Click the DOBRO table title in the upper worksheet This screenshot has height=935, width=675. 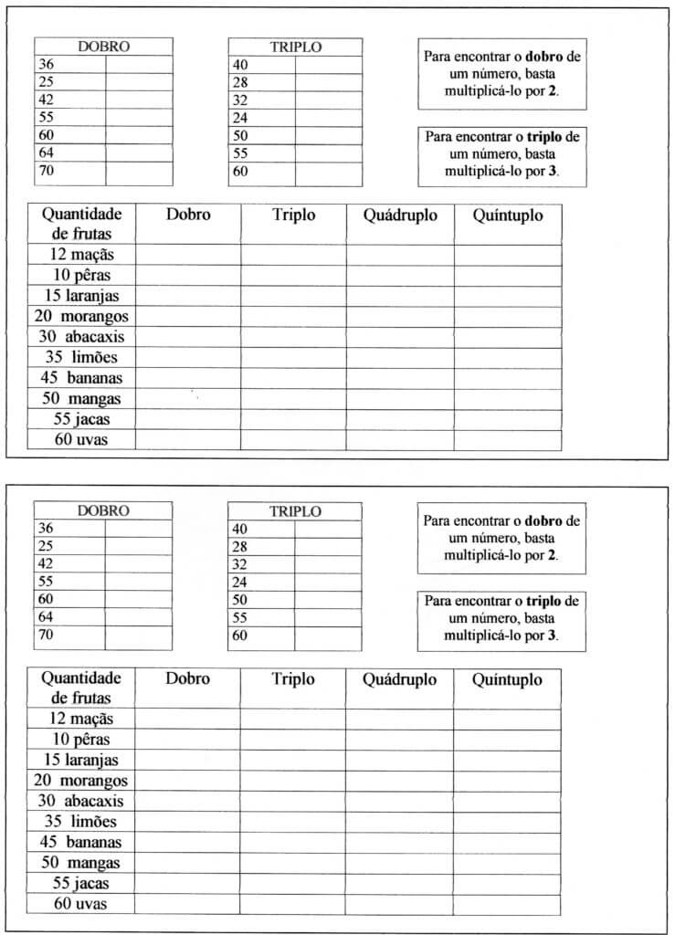[103, 47]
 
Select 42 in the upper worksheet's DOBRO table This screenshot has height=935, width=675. [46, 100]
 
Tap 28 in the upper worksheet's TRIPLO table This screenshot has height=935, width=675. [240, 82]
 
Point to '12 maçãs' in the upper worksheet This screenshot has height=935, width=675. [82, 255]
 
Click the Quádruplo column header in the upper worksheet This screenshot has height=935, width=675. [400, 215]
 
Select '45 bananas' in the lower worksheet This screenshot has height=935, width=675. [82, 841]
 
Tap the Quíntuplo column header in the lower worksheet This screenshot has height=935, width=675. [507, 679]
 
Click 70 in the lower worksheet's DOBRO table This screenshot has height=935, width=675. [46, 635]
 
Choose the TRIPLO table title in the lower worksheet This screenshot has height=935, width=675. [295, 511]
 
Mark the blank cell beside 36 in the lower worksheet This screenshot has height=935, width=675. [138, 528]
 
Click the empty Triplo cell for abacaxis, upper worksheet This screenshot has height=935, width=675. [293, 337]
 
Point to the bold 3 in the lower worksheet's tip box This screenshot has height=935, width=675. [552, 635]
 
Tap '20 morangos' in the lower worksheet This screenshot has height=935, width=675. [82, 780]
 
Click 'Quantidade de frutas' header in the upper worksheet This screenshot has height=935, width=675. [82, 224]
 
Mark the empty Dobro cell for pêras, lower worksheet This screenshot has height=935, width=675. [188, 739]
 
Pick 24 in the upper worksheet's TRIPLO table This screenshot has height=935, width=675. [240, 118]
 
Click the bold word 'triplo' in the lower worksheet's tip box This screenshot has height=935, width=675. [544, 602]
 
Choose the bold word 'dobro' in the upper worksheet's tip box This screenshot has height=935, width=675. [545, 56]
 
